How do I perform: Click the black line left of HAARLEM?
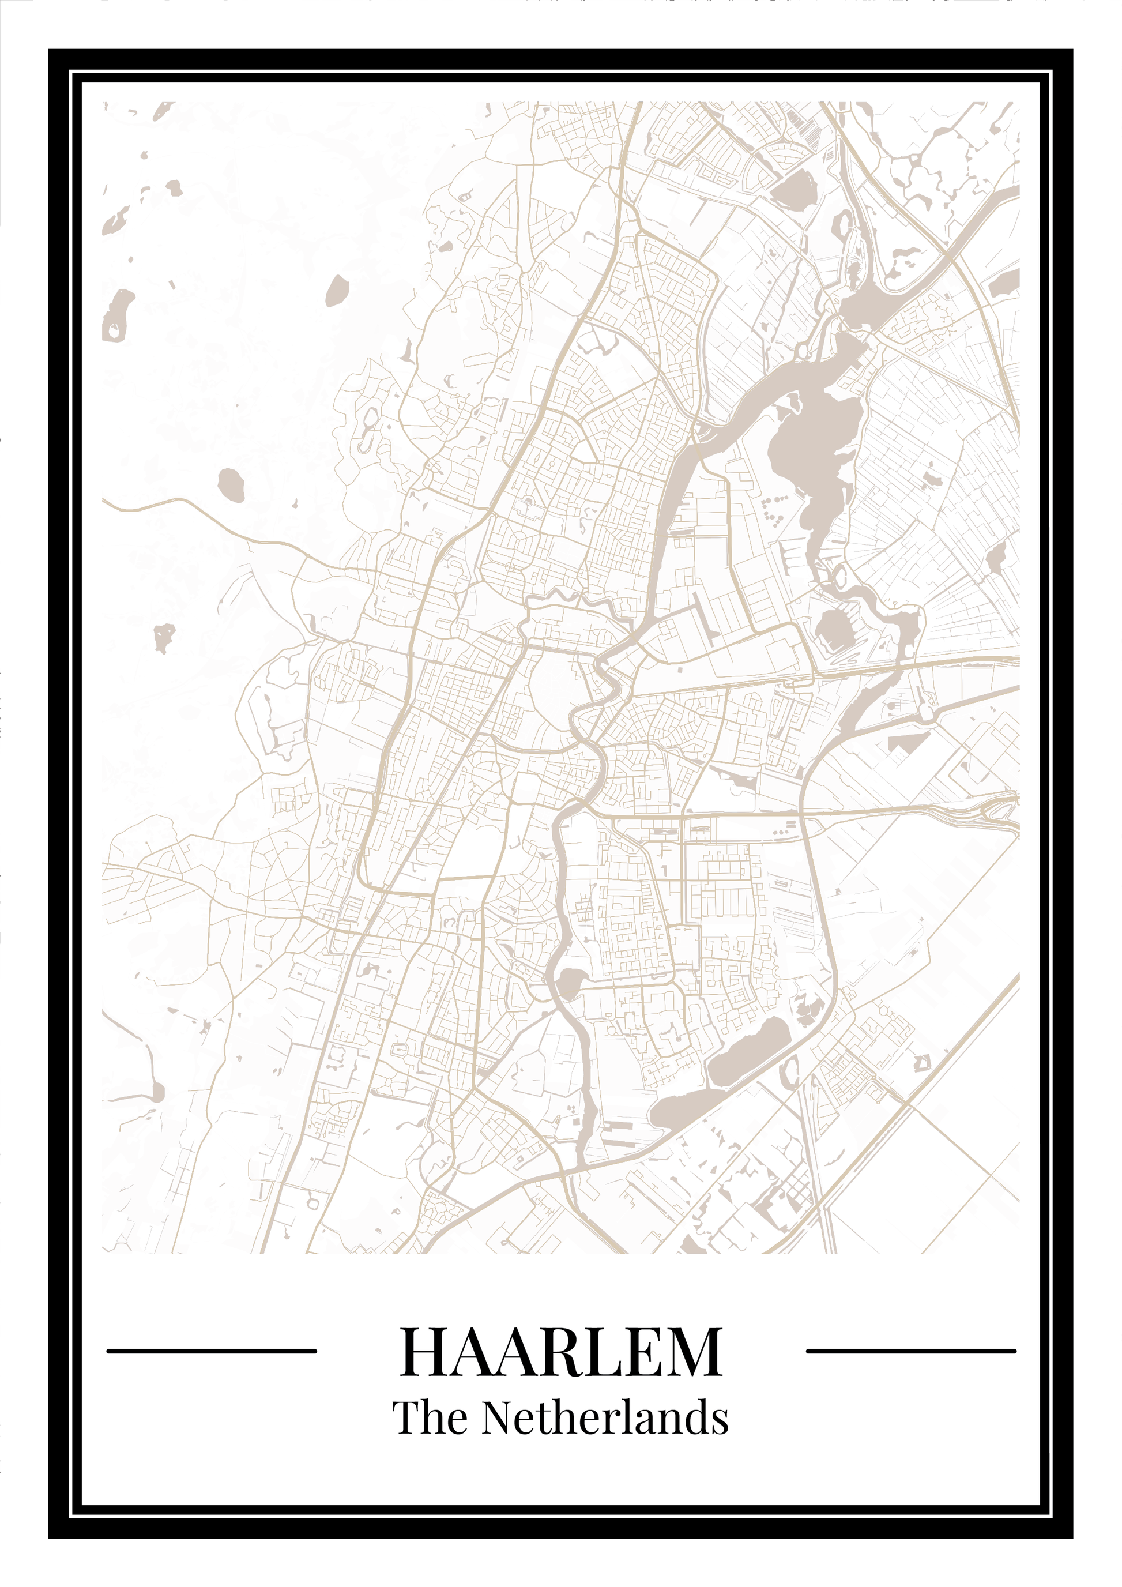click(x=212, y=1351)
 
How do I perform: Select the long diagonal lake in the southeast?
click(x=749, y=1054)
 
